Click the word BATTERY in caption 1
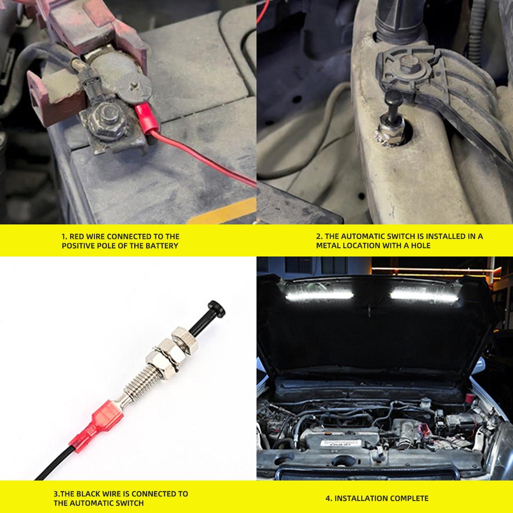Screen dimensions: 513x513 click(162, 246)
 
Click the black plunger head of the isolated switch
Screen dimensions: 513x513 click(215, 307)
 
